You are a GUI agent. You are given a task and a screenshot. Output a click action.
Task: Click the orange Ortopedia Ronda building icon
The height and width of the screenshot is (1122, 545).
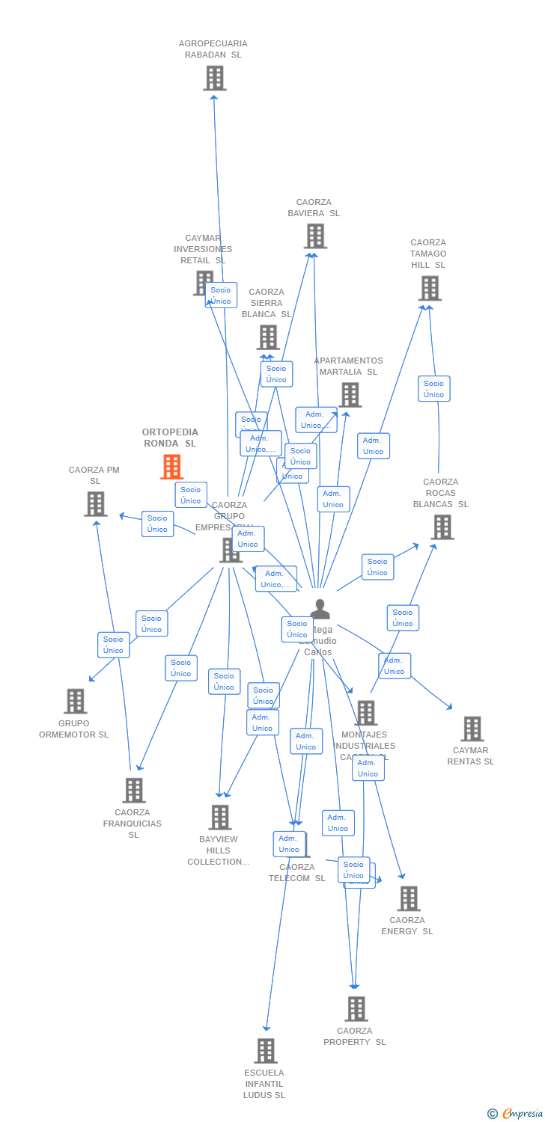tap(171, 467)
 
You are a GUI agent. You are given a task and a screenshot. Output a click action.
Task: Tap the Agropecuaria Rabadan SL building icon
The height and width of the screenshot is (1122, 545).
tap(214, 78)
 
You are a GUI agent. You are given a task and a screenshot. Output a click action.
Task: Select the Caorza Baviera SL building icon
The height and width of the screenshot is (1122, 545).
tap(315, 236)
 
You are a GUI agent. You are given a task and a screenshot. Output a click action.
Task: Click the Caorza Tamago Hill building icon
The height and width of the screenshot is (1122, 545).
tap(430, 288)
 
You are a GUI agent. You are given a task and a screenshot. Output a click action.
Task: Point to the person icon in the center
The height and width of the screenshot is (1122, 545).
tap(320, 610)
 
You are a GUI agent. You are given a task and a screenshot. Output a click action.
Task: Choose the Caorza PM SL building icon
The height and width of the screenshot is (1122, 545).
tap(95, 504)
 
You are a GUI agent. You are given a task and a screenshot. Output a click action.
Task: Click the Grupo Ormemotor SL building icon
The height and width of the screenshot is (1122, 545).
tap(75, 701)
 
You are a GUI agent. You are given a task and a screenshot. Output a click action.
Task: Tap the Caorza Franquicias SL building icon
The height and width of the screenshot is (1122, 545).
tap(133, 790)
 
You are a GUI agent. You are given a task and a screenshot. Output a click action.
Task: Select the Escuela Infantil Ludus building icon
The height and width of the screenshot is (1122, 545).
tap(265, 1050)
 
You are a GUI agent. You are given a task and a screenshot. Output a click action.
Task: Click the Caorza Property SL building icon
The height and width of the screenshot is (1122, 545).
tap(356, 1008)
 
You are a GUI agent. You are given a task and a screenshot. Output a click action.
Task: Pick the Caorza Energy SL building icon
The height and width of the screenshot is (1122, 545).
tap(408, 898)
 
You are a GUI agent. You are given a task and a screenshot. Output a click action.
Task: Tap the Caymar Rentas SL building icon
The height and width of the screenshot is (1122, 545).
tap(472, 728)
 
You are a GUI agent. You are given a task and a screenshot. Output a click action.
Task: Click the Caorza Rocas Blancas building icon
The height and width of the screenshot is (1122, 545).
tap(442, 527)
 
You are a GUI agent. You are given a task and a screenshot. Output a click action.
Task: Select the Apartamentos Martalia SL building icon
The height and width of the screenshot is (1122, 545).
tap(350, 394)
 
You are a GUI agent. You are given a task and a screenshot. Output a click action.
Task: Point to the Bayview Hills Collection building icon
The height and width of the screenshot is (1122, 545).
tap(219, 817)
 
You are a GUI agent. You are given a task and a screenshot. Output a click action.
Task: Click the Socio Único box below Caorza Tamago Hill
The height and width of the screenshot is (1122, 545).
tap(433, 389)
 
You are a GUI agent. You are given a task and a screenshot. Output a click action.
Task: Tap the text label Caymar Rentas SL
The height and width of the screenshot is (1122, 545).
tap(470, 756)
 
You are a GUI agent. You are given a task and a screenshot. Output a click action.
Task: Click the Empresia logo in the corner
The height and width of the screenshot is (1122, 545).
tap(516, 1114)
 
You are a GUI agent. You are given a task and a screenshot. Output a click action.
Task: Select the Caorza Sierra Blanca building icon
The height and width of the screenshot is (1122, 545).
tap(268, 337)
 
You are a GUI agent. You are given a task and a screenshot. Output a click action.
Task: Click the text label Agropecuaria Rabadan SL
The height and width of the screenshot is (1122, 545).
tap(213, 49)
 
